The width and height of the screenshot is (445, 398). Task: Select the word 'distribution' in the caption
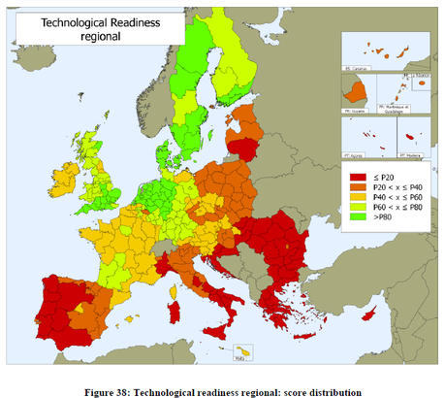[328, 391]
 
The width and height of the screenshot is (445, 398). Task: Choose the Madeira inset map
[410, 137]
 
